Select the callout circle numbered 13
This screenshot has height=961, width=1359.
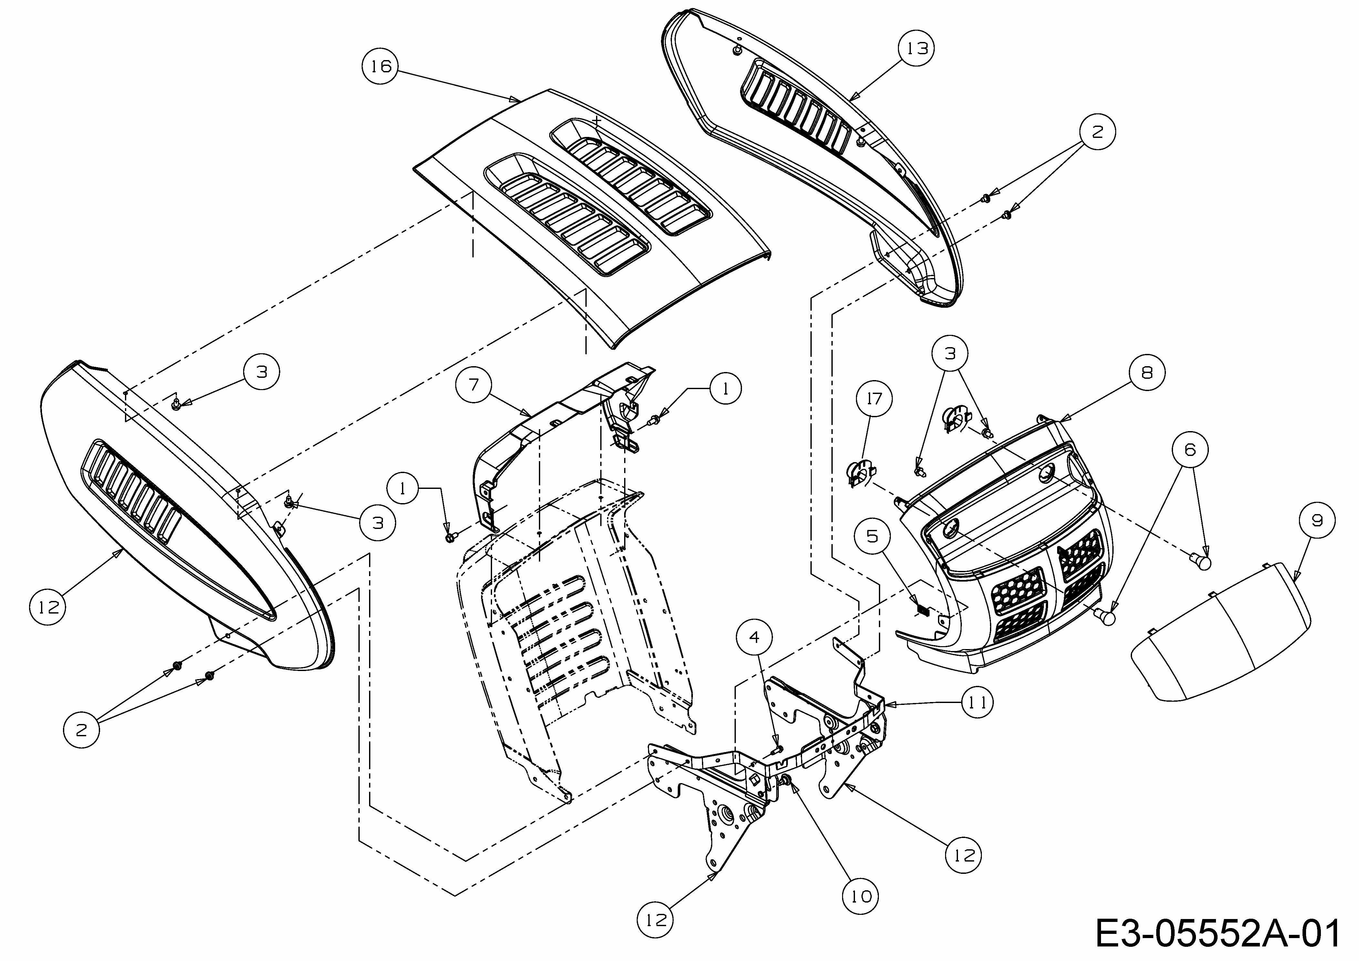click(x=917, y=48)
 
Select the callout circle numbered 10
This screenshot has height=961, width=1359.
click(x=860, y=896)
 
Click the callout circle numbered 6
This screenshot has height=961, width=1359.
click(x=1190, y=450)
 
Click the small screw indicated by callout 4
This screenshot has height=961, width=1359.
click(x=778, y=750)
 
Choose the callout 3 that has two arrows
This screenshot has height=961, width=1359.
click(x=950, y=354)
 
